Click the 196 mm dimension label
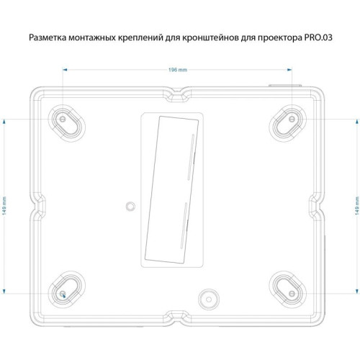tap(178, 70)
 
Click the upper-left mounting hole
tap(64, 118)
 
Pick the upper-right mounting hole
tap(291, 118)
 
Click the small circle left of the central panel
tap(130, 205)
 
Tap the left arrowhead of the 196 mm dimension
tap(65, 70)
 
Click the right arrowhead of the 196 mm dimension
tap(291, 70)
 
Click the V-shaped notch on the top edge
tap(177, 93)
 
